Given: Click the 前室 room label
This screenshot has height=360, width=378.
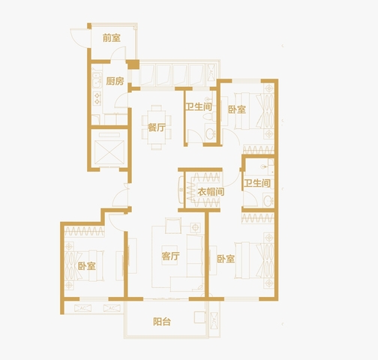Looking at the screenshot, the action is click(x=112, y=38).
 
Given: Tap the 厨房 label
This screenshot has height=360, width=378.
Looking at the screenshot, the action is click(x=115, y=81).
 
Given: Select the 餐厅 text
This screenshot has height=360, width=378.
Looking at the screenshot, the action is click(x=157, y=127).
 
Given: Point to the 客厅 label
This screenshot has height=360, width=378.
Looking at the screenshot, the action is click(x=170, y=256).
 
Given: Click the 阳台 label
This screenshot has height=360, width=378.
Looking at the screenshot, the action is click(x=162, y=322).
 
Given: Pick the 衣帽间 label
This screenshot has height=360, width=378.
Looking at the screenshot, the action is click(x=211, y=192).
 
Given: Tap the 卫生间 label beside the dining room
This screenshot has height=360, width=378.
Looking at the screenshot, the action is click(x=199, y=106).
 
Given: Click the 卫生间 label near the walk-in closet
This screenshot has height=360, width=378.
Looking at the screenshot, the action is click(x=257, y=183).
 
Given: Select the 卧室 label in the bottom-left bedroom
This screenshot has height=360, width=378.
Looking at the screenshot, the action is click(x=87, y=266).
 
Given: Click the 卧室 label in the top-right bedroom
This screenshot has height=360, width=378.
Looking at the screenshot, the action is click(x=237, y=109).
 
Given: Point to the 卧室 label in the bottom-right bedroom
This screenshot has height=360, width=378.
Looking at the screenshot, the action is click(x=226, y=259).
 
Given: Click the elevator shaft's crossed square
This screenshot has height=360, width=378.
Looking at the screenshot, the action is click(x=109, y=152).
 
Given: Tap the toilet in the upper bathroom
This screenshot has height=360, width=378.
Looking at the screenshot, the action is click(x=209, y=116).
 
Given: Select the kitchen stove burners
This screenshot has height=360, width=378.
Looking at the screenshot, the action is click(x=97, y=98).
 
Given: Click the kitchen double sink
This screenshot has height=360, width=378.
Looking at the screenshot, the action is click(x=97, y=79).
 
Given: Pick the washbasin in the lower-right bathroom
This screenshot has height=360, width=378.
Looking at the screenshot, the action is click(x=268, y=201).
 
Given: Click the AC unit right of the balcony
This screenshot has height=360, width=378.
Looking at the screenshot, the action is click(x=214, y=320).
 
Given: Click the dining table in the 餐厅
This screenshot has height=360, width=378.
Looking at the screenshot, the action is click(x=157, y=127).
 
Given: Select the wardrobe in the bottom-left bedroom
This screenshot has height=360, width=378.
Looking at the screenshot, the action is click(x=85, y=231).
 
